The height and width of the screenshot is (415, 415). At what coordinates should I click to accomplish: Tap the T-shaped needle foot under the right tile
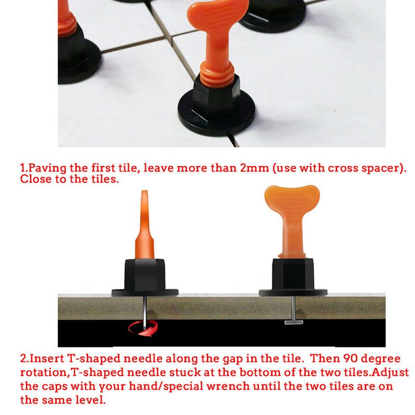[x=294, y=322]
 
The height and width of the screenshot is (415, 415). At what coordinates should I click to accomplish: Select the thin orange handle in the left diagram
[x=145, y=225]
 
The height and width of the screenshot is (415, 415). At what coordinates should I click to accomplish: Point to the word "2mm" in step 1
[x=254, y=168]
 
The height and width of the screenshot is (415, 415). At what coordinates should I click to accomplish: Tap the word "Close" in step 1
[x=36, y=179]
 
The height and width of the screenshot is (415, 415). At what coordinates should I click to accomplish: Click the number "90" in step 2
[x=351, y=358]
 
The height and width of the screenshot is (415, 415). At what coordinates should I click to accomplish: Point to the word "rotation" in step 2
[x=43, y=372]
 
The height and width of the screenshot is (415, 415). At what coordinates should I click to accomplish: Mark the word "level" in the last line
[x=90, y=399]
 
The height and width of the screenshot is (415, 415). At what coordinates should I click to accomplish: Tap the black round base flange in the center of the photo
[x=216, y=116]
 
